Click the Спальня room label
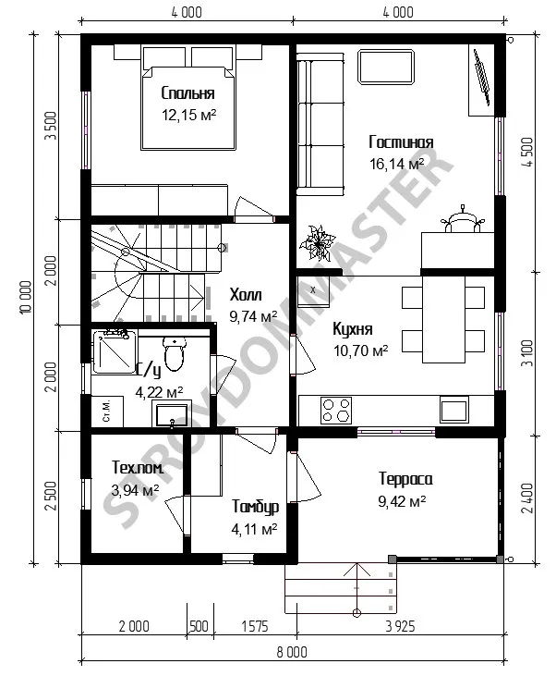(x=187, y=93)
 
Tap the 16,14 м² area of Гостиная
(x=396, y=164)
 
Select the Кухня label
(x=352, y=329)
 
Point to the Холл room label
(x=246, y=295)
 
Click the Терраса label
(x=405, y=479)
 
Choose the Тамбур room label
(x=256, y=507)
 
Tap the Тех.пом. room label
(x=138, y=467)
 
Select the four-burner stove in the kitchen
(x=336, y=410)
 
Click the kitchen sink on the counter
(x=453, y=409)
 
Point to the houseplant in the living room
(x=318, y=243)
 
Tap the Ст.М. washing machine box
(x=107, y=412)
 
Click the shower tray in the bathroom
(x=115, y=351)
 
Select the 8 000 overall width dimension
(x=292, y=652)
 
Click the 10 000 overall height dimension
(x=26, y=298)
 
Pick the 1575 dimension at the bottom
(x=255, y=626)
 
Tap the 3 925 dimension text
(x=400, y=626)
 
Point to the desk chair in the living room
(x=462, y=220)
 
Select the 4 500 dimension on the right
(x=527, y=153)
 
